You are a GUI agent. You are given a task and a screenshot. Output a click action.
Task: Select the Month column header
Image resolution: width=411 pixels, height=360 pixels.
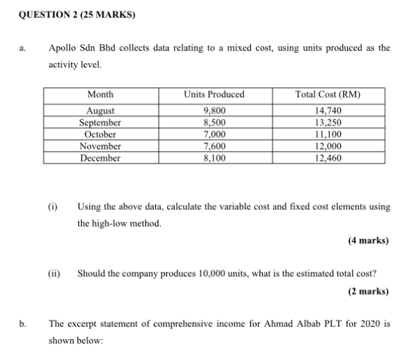(101, 94)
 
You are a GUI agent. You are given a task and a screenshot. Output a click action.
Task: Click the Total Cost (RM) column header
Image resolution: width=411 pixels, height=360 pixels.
(328, 94)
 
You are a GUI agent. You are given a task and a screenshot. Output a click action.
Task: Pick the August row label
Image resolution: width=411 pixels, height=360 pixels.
(101, 110)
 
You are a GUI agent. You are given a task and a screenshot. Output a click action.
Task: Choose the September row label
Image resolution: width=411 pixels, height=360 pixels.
(101, 123)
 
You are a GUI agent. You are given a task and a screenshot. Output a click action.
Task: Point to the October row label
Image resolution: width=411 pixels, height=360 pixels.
(101, 134)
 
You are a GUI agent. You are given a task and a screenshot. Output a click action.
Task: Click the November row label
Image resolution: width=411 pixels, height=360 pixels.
(101, 146)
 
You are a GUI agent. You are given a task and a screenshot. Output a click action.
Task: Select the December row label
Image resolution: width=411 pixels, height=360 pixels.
(101, 158)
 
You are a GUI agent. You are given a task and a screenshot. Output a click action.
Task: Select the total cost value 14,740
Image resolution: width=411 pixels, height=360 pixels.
(328, 110)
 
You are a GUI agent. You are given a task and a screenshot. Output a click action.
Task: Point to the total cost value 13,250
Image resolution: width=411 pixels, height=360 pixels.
(328, 123)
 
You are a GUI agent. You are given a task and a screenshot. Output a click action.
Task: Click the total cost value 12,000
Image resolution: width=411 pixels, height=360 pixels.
(328, 146)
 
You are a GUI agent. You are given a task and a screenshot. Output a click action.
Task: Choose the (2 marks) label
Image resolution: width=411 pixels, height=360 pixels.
(368, 291)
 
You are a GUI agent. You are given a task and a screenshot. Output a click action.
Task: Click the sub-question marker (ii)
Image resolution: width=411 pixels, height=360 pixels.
(53, 273)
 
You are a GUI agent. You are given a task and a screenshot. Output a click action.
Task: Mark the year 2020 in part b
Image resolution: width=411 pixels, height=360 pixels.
(362, 323)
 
